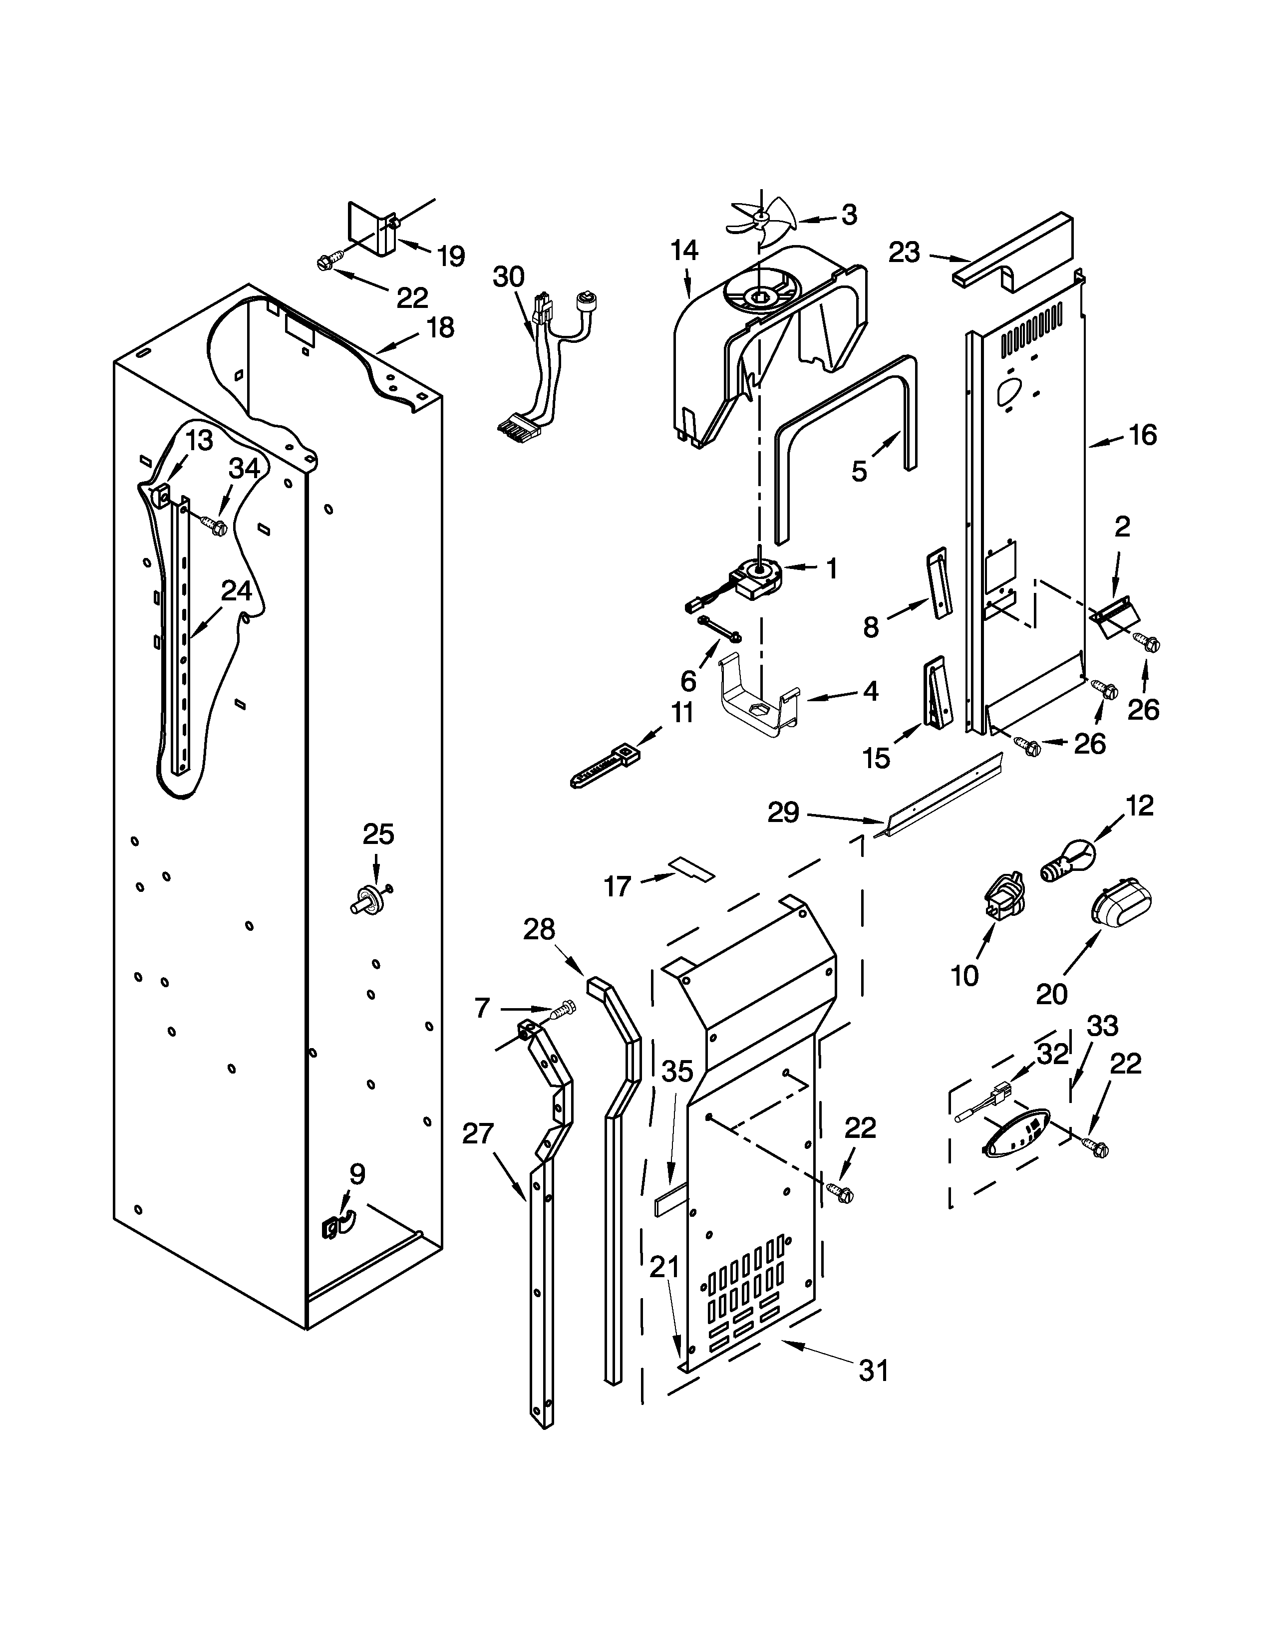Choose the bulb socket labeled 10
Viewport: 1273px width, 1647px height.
coord(1002,897)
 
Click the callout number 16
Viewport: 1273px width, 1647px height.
coord(1143,435)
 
